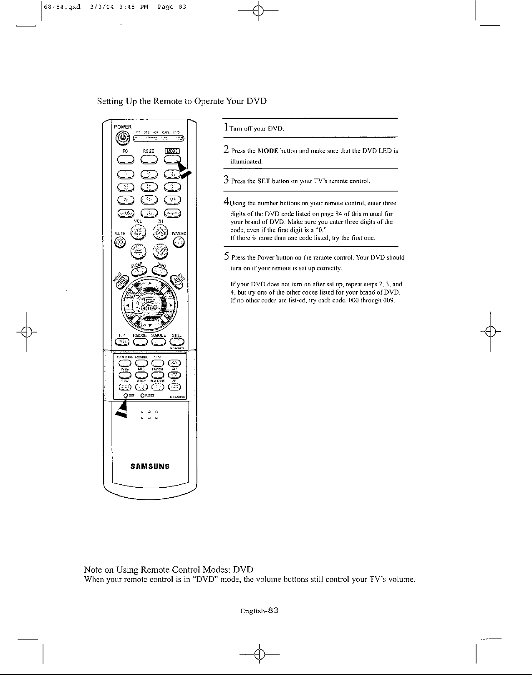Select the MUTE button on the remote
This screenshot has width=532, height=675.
[x=121, y=242]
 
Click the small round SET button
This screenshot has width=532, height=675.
[x=125, y=395]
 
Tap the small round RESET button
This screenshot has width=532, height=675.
[x=142, y=395]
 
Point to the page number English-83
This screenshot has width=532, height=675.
[x=259, y=611]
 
